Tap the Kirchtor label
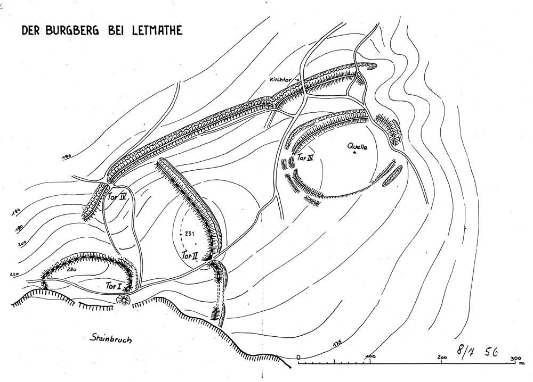pos(280,80)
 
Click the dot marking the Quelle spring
pos(354,153)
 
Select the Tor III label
pos(305,158)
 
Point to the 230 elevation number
pos(71,270)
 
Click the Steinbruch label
pos(110,338)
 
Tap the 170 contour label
pos(67,157)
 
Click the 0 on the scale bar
pos(298,356)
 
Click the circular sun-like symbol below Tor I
pos(123,300)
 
